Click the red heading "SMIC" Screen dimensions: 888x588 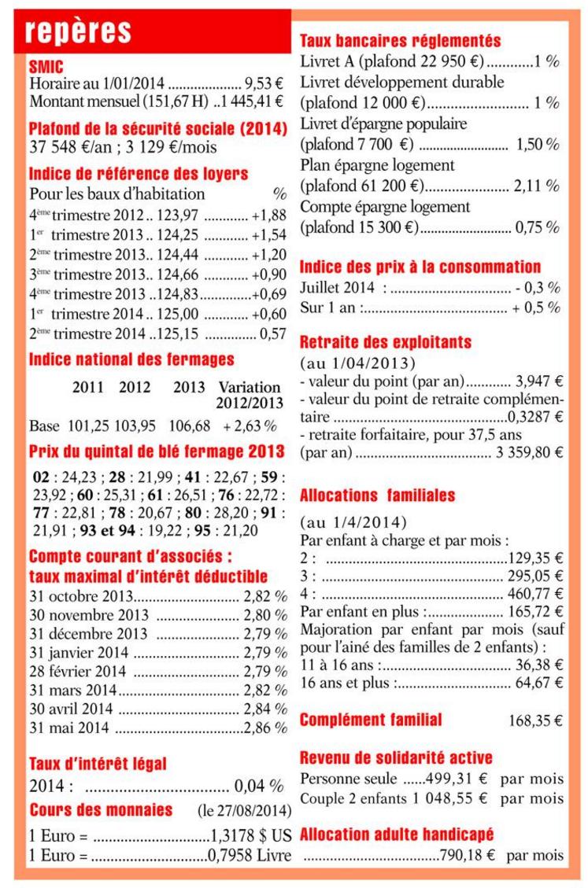coord(46,67)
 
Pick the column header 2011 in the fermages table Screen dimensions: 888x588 coord(87,387)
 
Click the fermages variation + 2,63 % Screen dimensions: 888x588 coord(250,426)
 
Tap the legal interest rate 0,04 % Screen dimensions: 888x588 coord(259,786)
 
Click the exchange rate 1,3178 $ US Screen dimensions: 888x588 coord(251,835)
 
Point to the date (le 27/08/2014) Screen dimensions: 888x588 coord(244,810)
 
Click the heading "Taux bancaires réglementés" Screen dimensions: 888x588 coord(401,41)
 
